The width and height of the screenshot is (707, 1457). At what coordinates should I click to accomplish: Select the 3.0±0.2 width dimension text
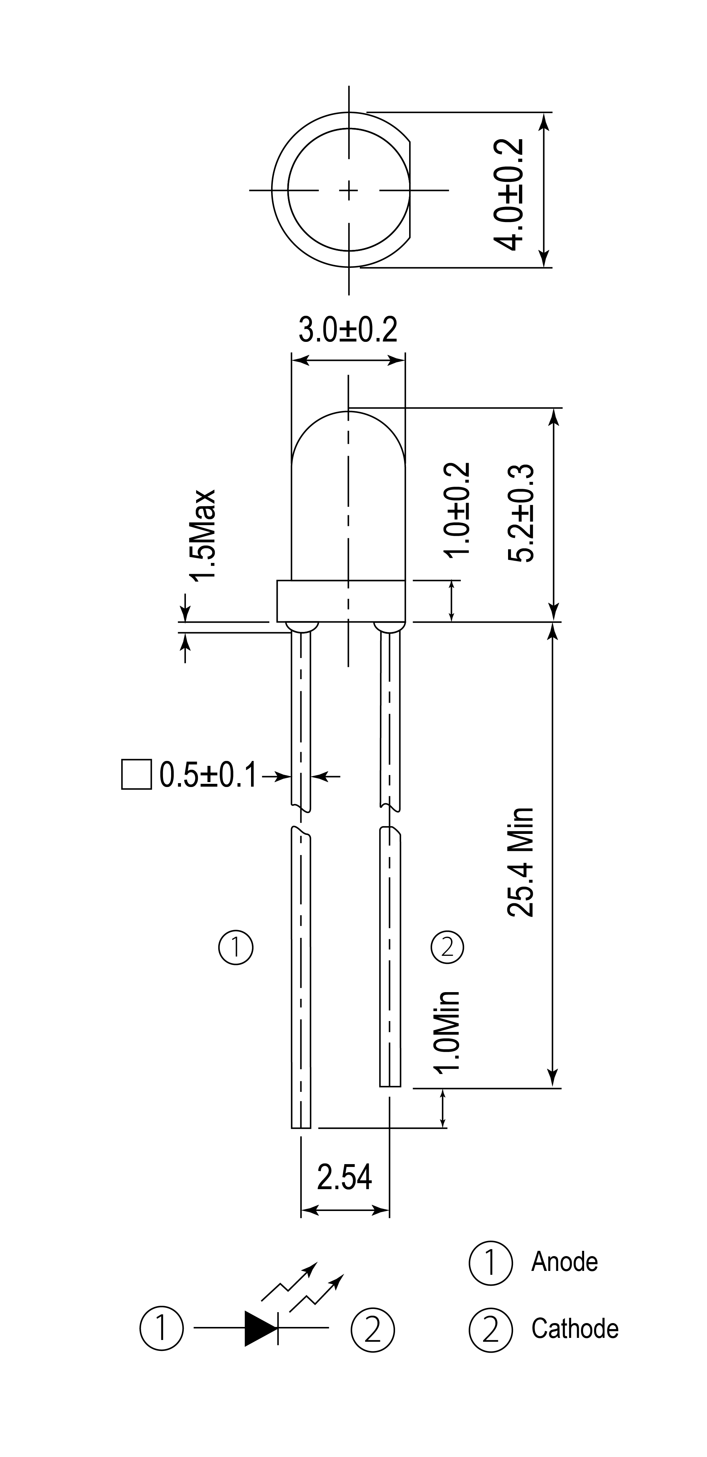(348, 330)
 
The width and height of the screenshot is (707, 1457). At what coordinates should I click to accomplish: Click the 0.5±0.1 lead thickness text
(208, 775)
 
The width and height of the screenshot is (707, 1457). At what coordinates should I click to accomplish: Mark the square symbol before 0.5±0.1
(137, 774)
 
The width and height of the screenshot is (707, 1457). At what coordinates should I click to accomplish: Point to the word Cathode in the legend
(575, 1329)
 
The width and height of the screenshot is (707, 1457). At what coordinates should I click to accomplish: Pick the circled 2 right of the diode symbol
(373, 1329)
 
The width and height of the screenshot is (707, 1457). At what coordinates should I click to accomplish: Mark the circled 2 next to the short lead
(447, 947)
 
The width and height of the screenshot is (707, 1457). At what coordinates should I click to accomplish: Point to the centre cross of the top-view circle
(349, 190)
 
